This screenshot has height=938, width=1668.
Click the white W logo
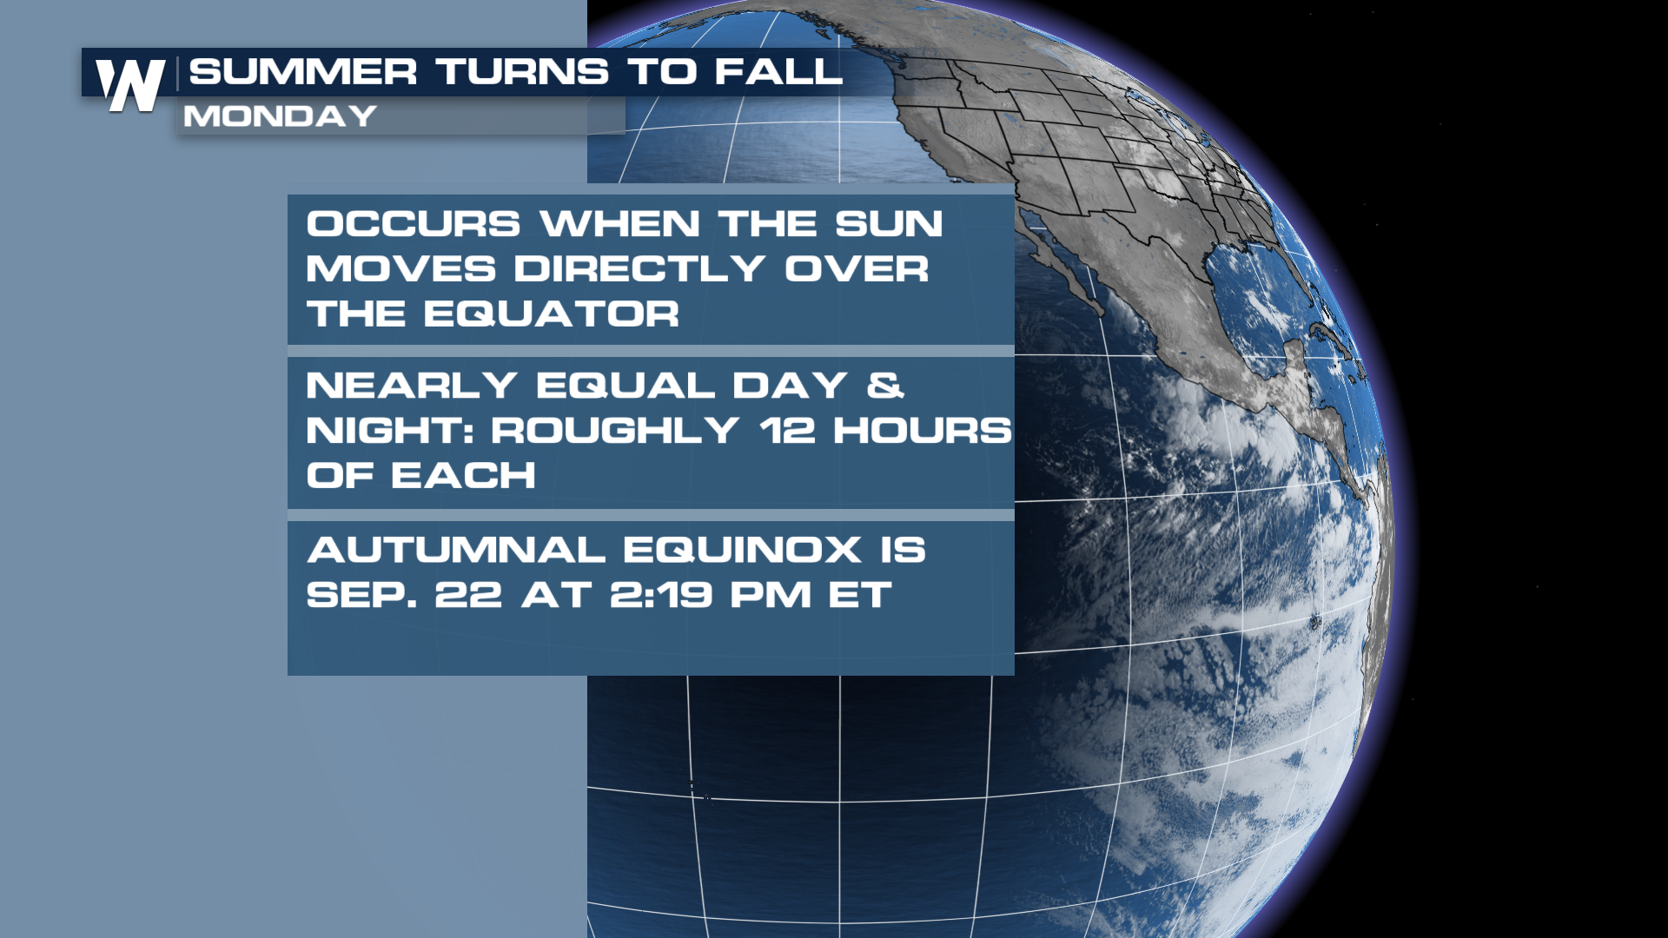click(130, 85)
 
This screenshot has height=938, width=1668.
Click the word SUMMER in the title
click(303, 72)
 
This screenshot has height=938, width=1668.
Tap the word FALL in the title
click(778, 72)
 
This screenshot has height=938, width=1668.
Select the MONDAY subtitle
click(280, 116)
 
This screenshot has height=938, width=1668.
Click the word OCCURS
click(414, 224)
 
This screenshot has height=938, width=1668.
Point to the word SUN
click(889, 224)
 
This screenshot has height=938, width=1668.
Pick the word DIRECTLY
click(639, 269)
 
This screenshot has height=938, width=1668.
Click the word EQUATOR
click(552, 314)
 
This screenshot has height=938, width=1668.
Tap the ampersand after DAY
click(885, 386)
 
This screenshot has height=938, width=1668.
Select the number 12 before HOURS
click(787, 431)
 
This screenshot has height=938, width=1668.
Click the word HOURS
click(923, 431)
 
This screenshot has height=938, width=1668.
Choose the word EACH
click(463, 476)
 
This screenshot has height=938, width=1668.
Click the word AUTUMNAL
click(456, 550)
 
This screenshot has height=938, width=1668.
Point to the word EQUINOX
click(742, 550)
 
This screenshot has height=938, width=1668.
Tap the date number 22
click(468, 595)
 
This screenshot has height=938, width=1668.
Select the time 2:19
click(661, 595)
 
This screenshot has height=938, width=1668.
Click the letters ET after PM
click(860, 595)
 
